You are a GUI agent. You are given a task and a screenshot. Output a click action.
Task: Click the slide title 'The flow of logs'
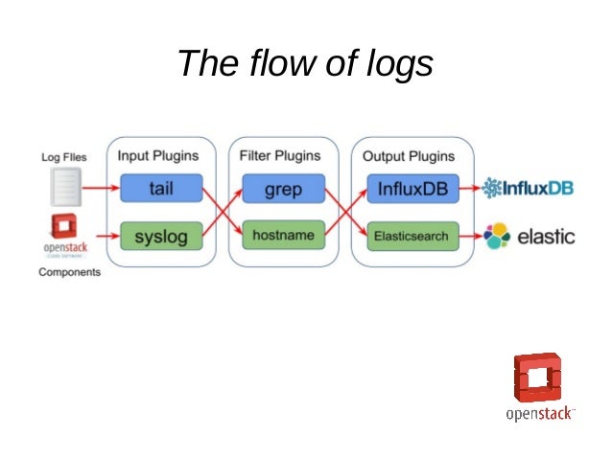tap(305, 64)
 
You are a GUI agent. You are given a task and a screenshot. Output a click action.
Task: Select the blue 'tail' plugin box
tap(161, 188)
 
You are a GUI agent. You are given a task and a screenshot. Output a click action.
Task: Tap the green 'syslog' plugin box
tap(161, 235)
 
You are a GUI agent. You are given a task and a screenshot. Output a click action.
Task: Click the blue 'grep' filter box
tap(282, 188)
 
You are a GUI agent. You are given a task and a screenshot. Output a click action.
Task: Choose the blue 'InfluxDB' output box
tap(412, 188)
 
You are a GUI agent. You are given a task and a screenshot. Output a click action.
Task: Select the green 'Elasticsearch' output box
tap(412, 235)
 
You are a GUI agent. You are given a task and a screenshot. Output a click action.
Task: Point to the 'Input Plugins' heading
tap(158, 155)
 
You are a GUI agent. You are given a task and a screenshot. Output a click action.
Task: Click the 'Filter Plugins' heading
tap(280, 155)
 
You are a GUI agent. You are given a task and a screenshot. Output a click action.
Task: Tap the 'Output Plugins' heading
tap(409, 155)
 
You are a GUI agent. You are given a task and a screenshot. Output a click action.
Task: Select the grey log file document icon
tap(63, 186)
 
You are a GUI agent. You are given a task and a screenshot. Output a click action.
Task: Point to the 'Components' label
tap(69, 272)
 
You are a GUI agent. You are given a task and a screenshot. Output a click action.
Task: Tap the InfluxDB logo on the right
tap(528, 188)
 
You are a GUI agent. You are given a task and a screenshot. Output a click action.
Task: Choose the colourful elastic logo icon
tap(498, 235)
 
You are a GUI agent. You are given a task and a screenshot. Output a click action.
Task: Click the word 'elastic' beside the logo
tap(547, 235)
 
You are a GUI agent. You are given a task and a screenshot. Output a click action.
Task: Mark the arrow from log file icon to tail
tap(99, 188)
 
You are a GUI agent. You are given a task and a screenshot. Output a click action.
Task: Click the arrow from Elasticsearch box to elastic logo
tap(471, 235)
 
